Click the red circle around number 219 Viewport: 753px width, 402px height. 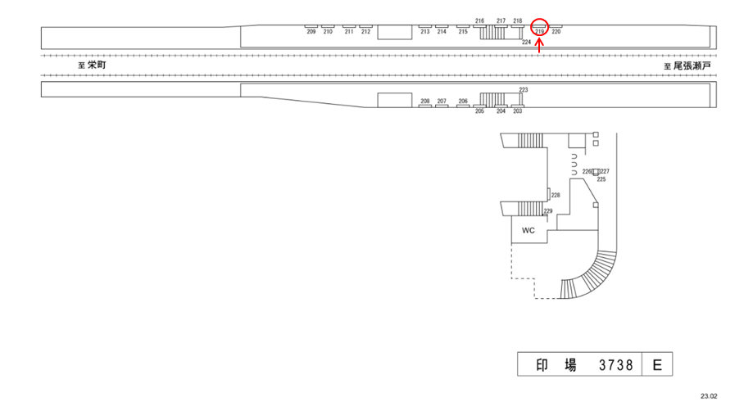click(x=540, y=25)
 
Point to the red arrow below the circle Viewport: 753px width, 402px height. click(x=539, y=47)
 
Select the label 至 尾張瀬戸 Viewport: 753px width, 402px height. click(x=687, y=65)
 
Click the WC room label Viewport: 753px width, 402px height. click(x=528, y=230)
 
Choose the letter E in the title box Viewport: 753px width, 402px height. click(x=656, y=365)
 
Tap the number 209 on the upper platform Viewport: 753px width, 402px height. click(x=311, y=32)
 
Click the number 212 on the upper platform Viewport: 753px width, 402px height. click(x=365, y=32)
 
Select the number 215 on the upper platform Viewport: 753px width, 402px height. click(x=463, y=32)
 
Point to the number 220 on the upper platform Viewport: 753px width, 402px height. click(x=556, y=32)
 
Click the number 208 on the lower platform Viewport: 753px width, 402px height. click(x=424, y=102)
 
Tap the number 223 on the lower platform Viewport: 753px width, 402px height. click(x=524, y=89)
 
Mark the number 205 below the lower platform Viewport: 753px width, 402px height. click(x=479, y=111)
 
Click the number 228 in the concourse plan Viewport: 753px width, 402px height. click(x=555, y=195)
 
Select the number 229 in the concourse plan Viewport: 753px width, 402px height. click(x=548, y=211)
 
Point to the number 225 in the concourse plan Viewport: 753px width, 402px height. click(x=601, y=179)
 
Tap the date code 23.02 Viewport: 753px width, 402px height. click(x=709, y=395)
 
